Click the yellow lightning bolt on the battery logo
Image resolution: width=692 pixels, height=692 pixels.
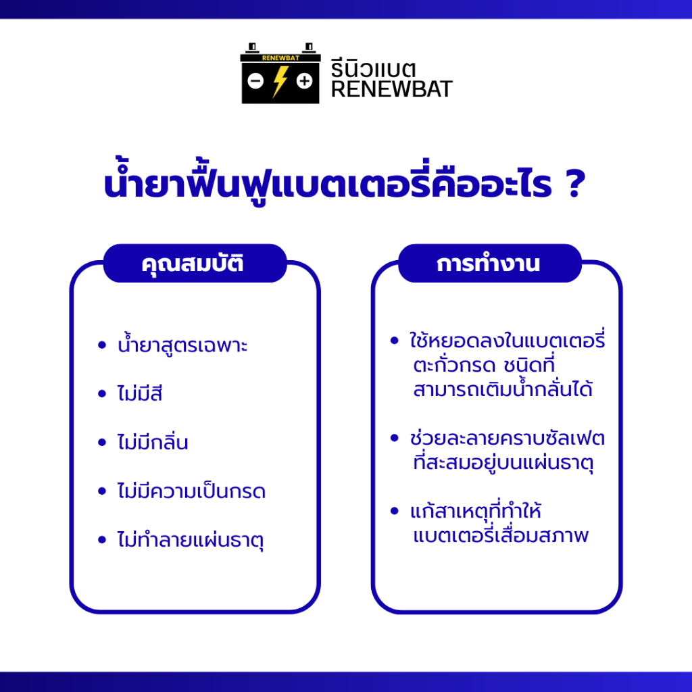point(280,82)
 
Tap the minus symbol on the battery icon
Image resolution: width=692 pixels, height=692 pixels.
point(255,81)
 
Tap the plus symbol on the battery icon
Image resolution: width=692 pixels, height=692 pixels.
point(304,81)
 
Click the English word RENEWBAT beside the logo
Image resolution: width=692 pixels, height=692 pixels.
point(391,89)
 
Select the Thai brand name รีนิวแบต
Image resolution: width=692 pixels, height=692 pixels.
point(373,69)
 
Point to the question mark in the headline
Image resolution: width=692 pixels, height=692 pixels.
point(576,182)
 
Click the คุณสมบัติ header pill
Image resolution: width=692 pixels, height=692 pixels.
point(195,263)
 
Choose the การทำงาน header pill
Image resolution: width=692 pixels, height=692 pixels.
point(490,263)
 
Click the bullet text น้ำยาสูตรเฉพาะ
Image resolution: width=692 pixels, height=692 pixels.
point(182,345)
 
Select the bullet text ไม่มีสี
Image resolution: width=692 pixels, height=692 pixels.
point(140,393)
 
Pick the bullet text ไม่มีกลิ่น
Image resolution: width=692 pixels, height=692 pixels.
point(153,441)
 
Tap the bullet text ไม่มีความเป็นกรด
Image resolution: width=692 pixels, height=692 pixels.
point(191,491)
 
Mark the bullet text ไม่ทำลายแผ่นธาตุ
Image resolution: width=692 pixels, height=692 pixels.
point(190,539)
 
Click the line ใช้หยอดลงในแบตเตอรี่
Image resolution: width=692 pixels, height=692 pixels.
point(508,341)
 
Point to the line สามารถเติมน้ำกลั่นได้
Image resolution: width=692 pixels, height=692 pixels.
point(503,389)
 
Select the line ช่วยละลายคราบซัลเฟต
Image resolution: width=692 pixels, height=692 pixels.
point(508,438)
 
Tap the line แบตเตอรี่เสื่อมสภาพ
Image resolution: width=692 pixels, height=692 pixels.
point(501,535)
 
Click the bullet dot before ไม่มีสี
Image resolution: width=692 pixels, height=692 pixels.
point(102,393)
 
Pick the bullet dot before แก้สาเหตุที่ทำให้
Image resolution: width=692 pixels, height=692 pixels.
point(395,511)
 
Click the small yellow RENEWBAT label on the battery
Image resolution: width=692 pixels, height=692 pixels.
point(280,58)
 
